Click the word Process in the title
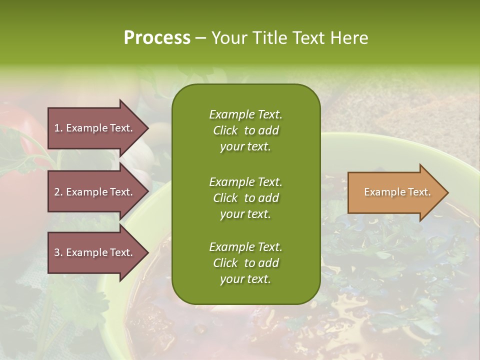(x=157, y=38)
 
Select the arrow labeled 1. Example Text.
(x=95, y=128)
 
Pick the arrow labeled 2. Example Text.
(x=95, y=192)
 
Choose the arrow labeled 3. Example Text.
(x=95, y=252)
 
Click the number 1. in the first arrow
(x=58, y=128)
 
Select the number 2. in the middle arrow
(x=58, y=192)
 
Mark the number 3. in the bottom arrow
(x=58, y=252)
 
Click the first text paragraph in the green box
(x=245, y=130)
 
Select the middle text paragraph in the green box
(x=245, y=198)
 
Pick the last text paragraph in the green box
(x=245, y=263)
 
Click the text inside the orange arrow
(x=397, y=192)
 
